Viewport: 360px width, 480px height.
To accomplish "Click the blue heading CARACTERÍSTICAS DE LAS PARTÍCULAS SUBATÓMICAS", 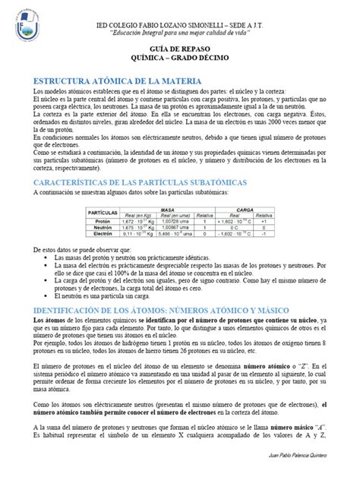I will coord(136,183).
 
